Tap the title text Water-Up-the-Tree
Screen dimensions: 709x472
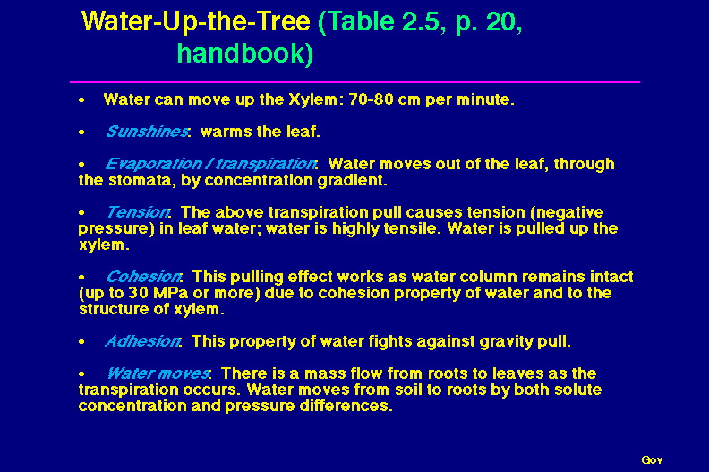pos(196,21)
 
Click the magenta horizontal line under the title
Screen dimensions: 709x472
pos(355,82)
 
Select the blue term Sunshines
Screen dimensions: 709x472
pos(147,132)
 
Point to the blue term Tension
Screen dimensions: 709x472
pos(138,212)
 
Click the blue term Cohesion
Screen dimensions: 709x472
pos(143,277)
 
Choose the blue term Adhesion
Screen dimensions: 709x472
pos(142,341)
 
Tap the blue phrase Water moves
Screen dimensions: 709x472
pos(158,373)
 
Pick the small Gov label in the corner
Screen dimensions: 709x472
pos(652,460)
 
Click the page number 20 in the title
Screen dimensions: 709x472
pos(504,21)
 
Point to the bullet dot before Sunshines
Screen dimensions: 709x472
pos(81,133)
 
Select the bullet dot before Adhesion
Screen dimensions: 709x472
pos(81,341)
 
